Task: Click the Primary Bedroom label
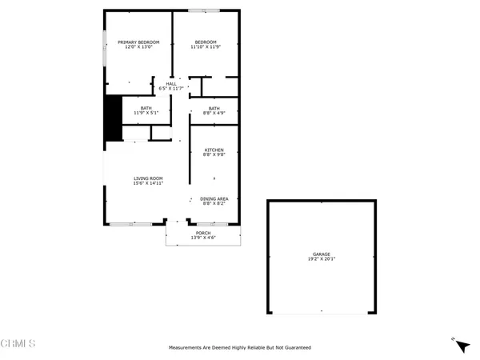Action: pyautogui.click(x=139, y=42)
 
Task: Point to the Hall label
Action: pyautogui.click(x=171, y=83)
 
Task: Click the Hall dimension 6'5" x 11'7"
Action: pyautogui.click(x=171, y=89)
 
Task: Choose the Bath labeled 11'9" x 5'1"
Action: pyautogui.click(x=146, y=108)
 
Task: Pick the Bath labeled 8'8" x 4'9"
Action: pyautogui.click(x=214, y=108)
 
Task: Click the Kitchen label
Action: pyautogui.click(x=214, y=150)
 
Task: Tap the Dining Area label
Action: pyautogui.click(x=214, y=198)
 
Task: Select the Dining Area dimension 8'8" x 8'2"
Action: pyautogui.click(x=214, y=203)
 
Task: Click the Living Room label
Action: pyautogui.click(x=148, y=178)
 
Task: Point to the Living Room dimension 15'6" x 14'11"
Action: pyautogui.click(x=148, y=183)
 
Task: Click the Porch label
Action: pyautogui.click(x=203, y=232)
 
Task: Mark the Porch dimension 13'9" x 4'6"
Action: pyautogui.click(x=203, y=238)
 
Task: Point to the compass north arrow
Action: pyautogui.click(x=461, y=346)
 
